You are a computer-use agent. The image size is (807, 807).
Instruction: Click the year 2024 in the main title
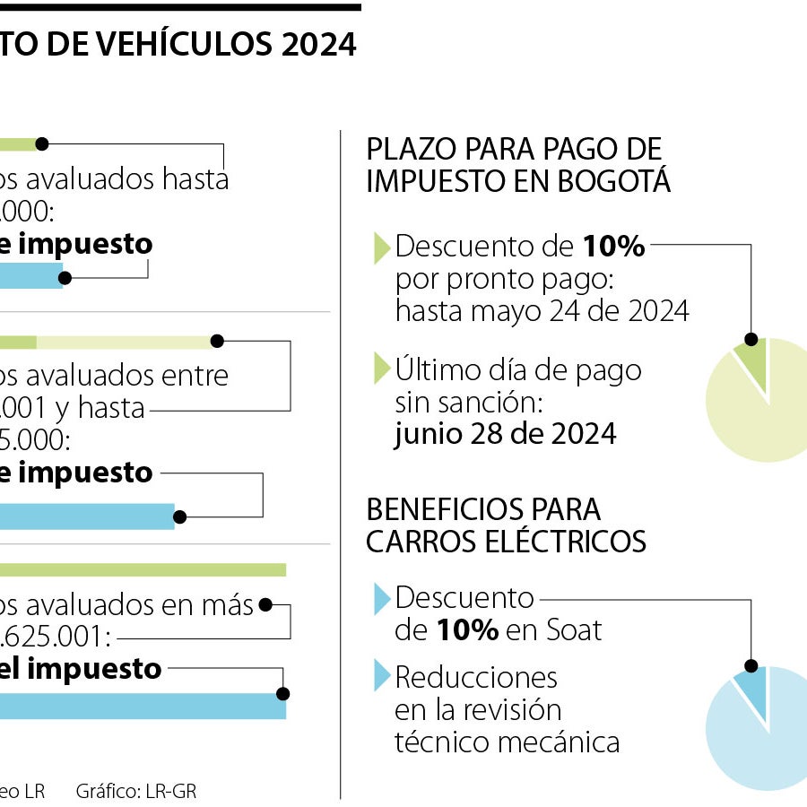tap(318, 44)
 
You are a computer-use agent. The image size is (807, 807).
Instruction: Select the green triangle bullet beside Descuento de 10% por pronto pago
tap(382, 247)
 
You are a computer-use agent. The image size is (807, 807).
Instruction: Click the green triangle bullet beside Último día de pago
tap(382, 369)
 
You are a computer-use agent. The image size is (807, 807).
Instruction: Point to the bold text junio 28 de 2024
tap(505, 434)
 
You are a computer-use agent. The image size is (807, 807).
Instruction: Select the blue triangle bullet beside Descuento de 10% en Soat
tap(382, 598)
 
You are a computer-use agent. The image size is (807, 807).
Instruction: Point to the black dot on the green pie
tap(751, 340)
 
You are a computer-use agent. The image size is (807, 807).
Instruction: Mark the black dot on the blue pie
tap(751, 666)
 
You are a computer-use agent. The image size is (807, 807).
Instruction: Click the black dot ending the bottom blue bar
tap(283, 693)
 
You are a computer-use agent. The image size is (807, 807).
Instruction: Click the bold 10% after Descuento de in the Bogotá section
tap(614, 247)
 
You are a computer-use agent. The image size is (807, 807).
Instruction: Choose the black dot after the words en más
tap(265, 605)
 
